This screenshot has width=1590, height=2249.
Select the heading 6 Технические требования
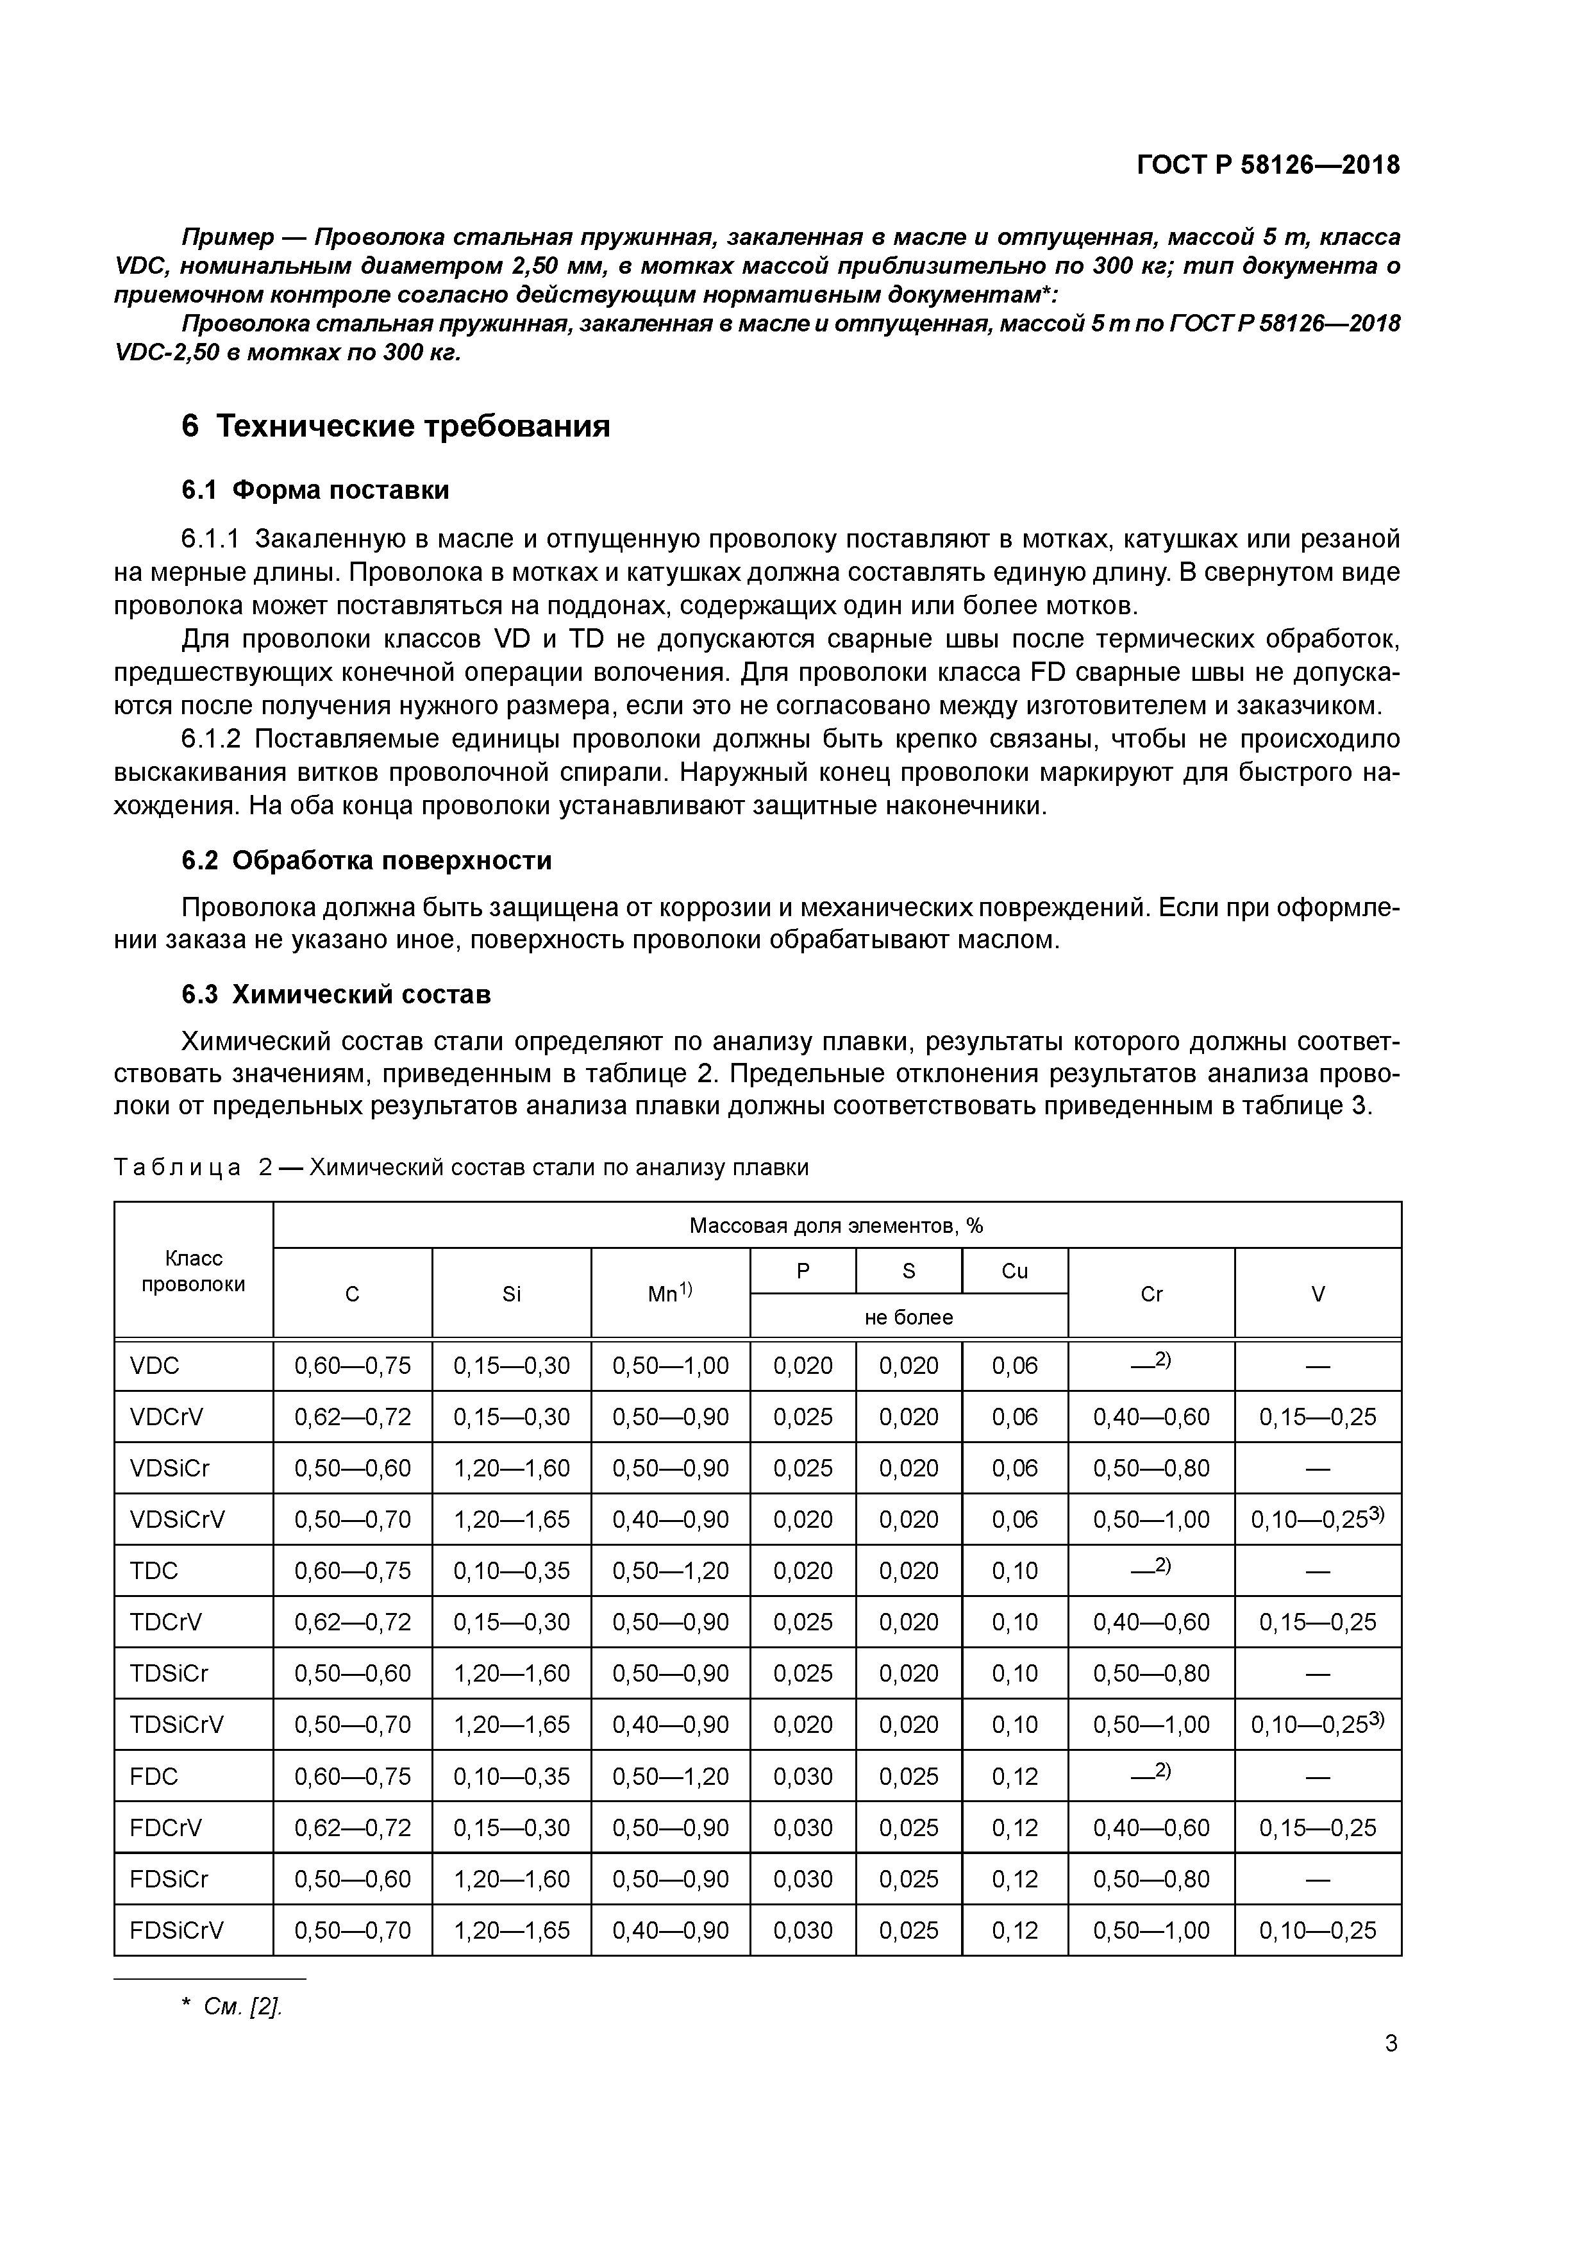tap(396, 426)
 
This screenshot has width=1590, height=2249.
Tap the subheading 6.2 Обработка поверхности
tap(366, 860)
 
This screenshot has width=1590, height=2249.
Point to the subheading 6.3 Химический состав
tap(336, 994)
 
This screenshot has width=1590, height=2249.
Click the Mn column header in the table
tap(670, 1293)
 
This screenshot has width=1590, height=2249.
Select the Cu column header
tap(1014, 1271)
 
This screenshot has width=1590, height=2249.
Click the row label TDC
tap(154, 1570)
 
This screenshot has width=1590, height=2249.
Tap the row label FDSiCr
tap(169, 1878)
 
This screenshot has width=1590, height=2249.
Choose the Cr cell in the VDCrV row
tap(1151, 1416)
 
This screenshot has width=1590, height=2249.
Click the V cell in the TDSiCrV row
tap(1317, 1724)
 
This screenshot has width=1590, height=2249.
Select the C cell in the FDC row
tap(353, 1776)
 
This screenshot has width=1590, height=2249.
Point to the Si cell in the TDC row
tap(512, 1570)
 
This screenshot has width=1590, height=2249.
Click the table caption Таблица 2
tap(192, 1167)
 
